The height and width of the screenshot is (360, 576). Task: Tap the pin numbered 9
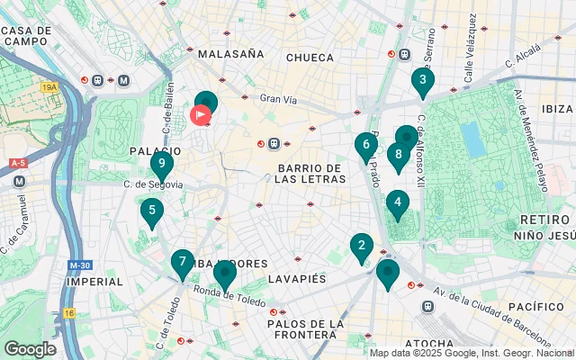[x=161, y=165]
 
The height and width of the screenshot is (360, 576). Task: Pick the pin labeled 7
[x=183, y=263]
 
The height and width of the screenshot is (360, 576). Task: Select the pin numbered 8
[x=398, y=156]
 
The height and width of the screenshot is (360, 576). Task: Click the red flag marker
[x=201, y=115]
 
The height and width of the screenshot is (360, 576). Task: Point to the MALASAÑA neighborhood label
[x=230, y=54]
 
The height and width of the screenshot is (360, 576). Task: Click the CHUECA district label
[x=309, y=58]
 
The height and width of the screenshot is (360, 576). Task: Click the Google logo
[x=30, y=348]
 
